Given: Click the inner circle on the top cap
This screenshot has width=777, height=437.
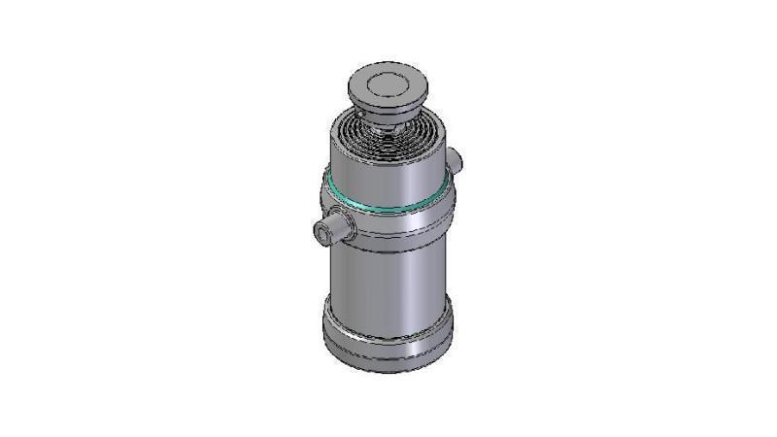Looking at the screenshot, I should pos(388,82).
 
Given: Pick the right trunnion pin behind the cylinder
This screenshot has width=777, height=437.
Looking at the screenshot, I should pos(456,158).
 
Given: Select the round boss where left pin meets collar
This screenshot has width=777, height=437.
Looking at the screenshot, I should pos(346,225).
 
